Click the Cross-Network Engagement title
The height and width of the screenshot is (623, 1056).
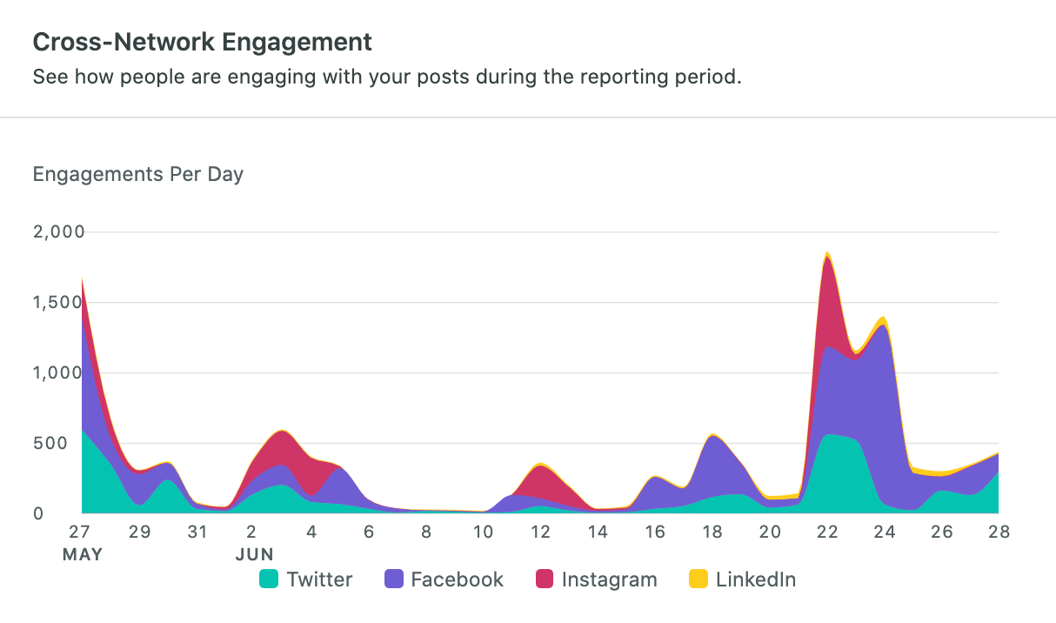pos(202,41)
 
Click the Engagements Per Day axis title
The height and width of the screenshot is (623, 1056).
pos(137,174)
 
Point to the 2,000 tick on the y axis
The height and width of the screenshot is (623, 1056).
pos(59,232)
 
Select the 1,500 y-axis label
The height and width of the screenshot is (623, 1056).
pos(59,303)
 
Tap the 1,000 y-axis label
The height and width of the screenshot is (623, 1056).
pos(59,372)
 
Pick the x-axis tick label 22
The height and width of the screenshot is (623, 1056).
pos(827,532)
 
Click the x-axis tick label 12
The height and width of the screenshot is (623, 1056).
pos(540,532)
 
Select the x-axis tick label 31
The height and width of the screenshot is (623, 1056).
pos(197,532)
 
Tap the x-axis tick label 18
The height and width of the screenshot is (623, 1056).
pos(712,532)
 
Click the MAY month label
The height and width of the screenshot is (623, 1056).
pos(82,554)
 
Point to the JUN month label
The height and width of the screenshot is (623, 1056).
pos(254,554)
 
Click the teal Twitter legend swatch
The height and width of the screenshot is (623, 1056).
pos(270,579)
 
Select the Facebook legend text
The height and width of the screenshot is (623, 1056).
pos(457,579)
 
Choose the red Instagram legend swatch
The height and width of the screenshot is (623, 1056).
pos(545,579)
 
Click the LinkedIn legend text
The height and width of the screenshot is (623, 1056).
pos(755,579)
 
